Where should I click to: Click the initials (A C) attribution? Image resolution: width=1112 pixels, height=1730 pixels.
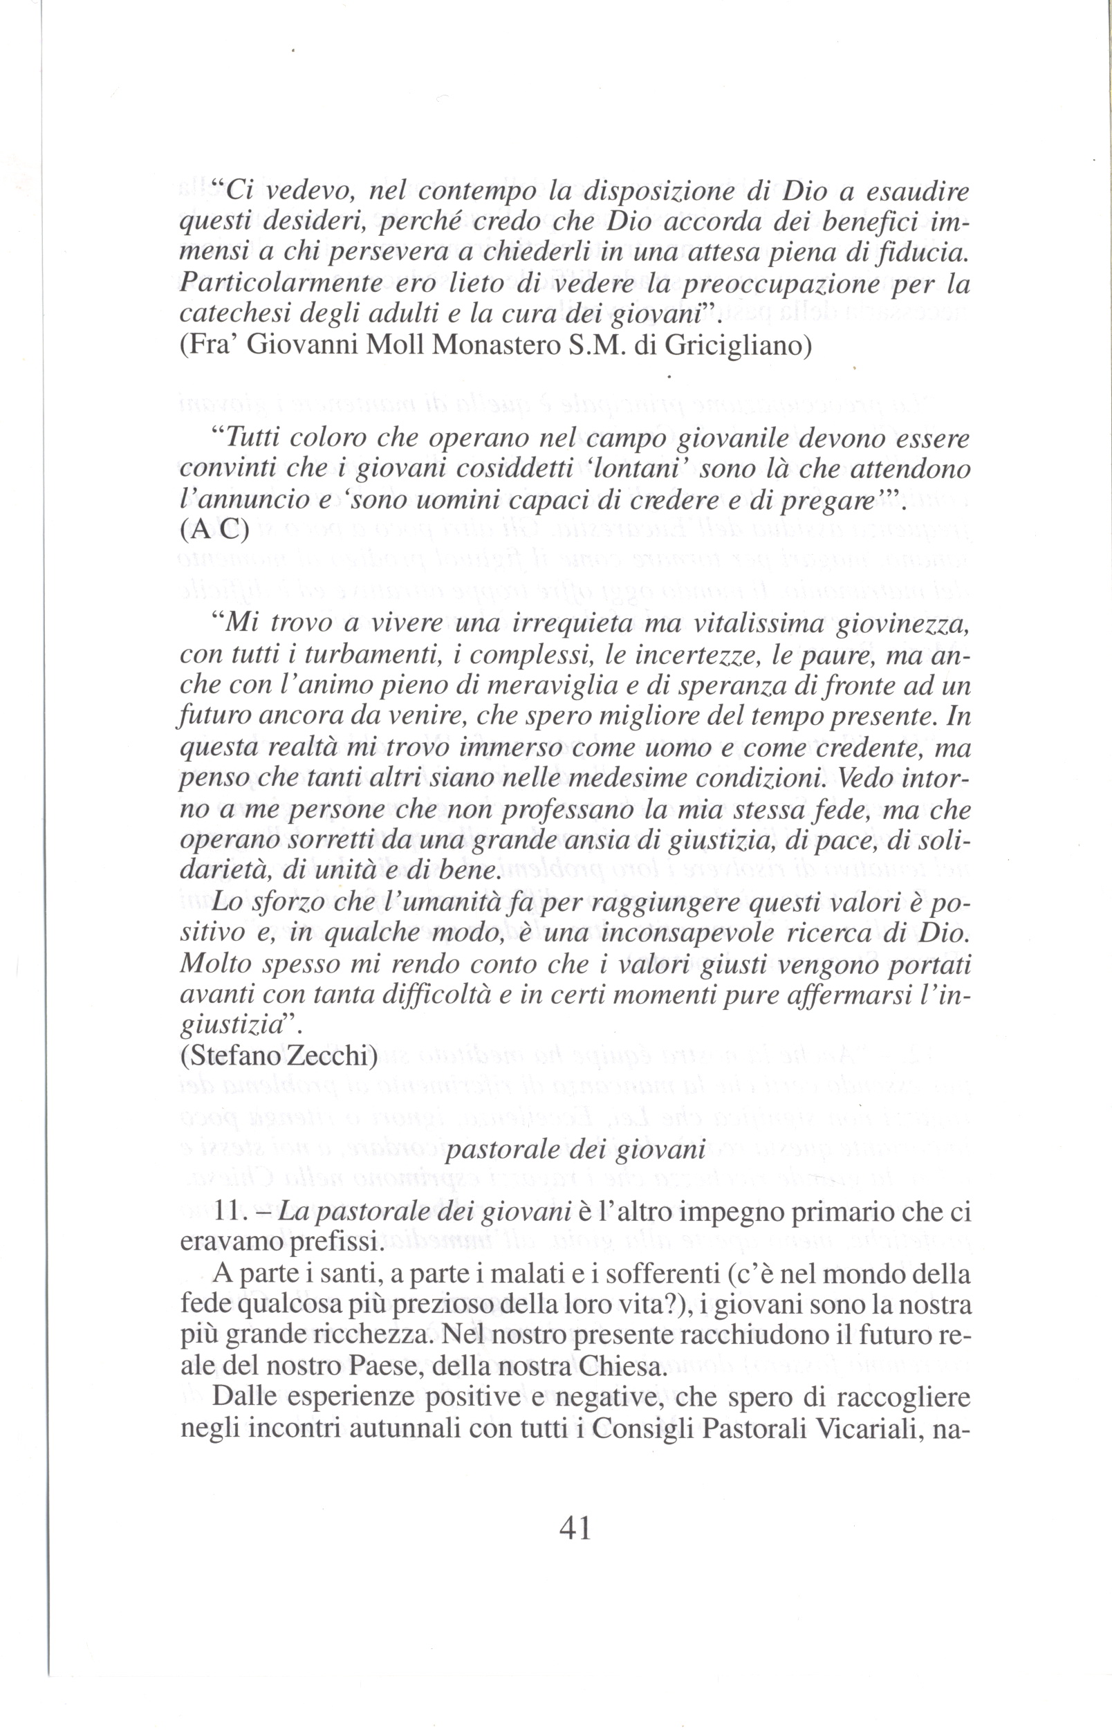213,531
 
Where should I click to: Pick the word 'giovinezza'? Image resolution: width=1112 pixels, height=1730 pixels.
902,623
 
